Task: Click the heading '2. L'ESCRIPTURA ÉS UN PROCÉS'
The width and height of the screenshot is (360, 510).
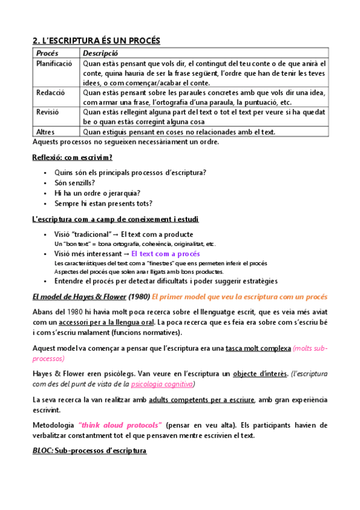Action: (96, 40)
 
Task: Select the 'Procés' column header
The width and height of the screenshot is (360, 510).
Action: (47, 53)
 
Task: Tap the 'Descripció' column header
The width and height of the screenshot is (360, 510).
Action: (100, 53)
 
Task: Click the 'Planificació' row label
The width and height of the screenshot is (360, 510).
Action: (54, 63)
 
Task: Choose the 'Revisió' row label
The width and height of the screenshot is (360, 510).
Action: (48, 112)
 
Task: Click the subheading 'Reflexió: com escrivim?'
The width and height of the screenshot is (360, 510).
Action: (72, 158)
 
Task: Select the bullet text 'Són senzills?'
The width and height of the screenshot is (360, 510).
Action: (75, 183)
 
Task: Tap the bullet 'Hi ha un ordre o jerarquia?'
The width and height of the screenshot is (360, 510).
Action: (97, 193)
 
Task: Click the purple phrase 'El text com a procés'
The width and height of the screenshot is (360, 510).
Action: (165, 254)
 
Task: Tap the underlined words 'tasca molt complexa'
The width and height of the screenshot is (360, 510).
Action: (260, 349)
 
